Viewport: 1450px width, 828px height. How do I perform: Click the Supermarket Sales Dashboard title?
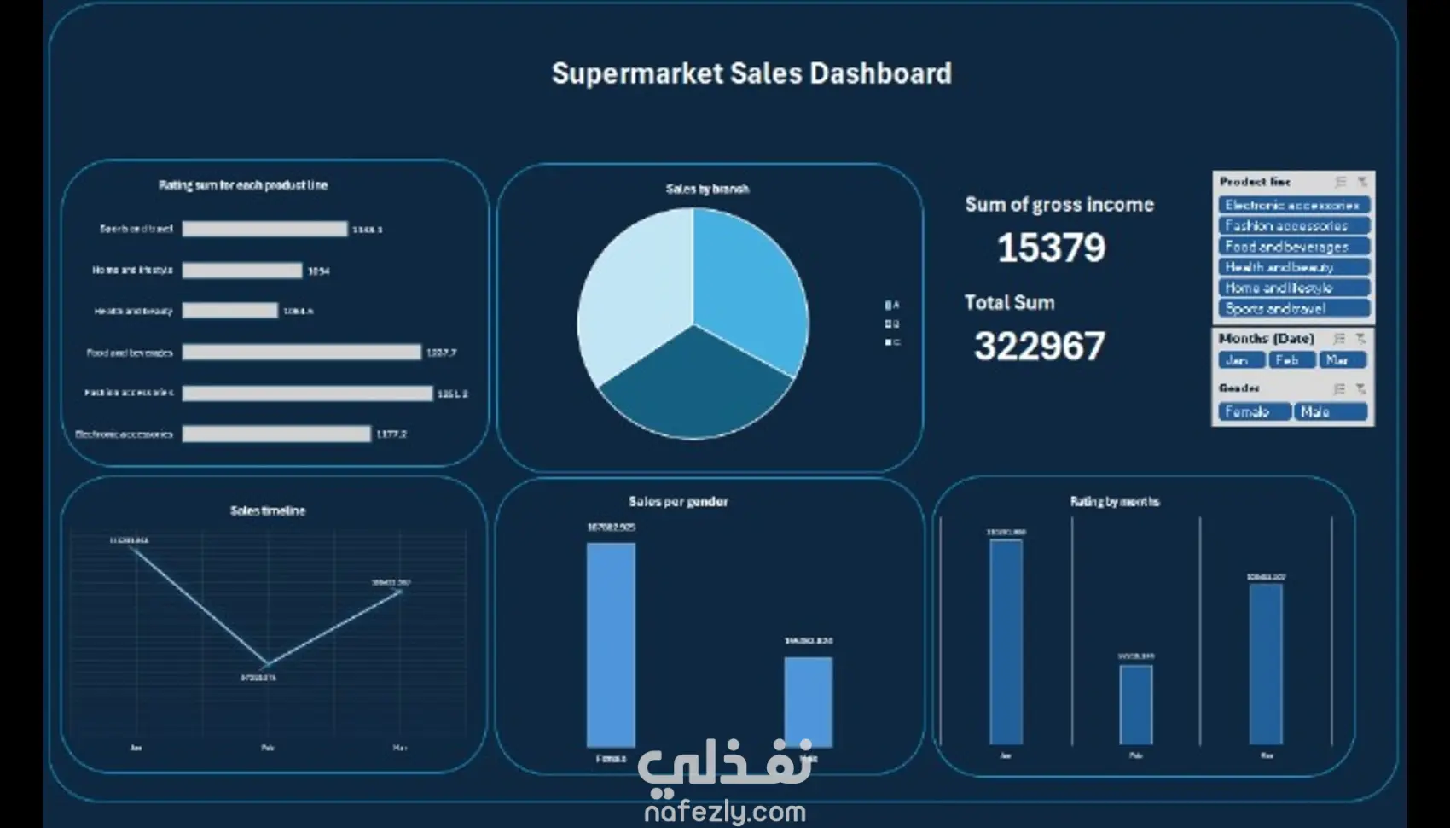click(x=751, y=73)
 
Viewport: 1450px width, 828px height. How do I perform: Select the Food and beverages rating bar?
click(x=301, y=353)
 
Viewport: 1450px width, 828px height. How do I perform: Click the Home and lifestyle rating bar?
click(x=242, y=271)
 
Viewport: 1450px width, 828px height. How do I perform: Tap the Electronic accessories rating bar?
click(x=276, y=434)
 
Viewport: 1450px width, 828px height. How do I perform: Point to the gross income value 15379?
click(x=1051, y=248)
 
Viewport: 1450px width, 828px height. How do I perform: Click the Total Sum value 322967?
click(x=1039, y=347)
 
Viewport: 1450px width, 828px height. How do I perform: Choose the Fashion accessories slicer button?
click(x=1293, y=226)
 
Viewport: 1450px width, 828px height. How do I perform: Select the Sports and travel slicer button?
click(x=1293, y=309)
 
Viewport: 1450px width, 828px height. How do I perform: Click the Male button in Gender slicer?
click(x=1329, y=412)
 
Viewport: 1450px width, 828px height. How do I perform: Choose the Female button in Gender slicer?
click(x=1254, y=412)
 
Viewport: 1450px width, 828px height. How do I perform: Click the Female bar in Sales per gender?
click(x=611, y=644)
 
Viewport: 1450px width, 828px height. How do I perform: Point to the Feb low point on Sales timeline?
click(x=266, y=665)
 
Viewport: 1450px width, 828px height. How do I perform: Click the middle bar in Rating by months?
click(x=1135, y=704)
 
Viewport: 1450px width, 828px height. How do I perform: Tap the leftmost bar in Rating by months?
click(x=1006, y=640)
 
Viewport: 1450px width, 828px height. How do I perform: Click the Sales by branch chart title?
click(x=707, y=189)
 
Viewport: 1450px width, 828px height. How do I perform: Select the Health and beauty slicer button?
click(x=1293, y=267)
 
